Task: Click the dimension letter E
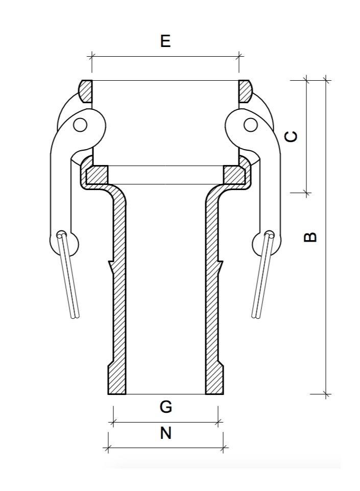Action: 165,41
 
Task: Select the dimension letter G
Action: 165,407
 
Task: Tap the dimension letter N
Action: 165,433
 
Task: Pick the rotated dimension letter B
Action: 310,237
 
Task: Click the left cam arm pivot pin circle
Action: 80,124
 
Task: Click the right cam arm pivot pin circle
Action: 250,124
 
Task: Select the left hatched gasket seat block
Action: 97,175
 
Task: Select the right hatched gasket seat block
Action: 234,175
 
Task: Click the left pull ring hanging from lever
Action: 68,276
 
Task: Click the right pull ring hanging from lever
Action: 262,276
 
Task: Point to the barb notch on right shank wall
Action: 221,266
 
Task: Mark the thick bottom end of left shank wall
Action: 117,381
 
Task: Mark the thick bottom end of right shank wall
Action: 213,381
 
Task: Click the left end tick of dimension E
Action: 92,56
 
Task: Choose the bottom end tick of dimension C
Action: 306,193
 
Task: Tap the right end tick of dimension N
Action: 223,448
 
